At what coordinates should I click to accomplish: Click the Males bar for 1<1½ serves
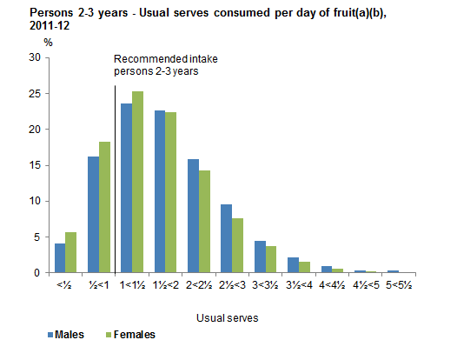tap(126, 188)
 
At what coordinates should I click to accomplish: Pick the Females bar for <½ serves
tap(70, 252)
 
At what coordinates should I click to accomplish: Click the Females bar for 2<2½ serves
tap(204, 221)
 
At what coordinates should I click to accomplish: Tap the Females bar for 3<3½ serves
tap(271, 259)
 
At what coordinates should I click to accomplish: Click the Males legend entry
tap(64, 333)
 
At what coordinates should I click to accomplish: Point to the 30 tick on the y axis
tap(35, 57)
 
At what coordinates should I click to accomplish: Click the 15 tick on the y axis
tap(35, 165)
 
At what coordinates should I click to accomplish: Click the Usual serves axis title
tap(228, 318)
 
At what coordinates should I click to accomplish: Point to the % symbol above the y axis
tap(48, 42)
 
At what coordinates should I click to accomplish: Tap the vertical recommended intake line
tap(115, 174)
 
